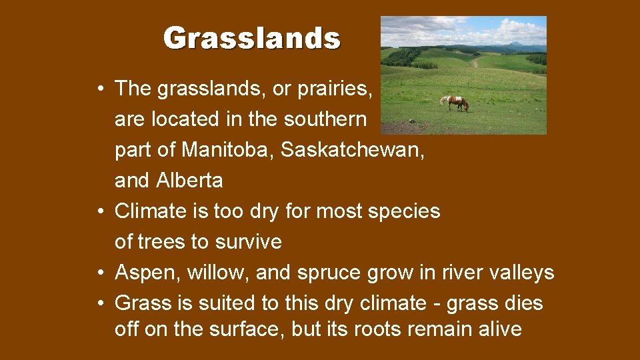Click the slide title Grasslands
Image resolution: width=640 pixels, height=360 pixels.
[x=252, y=39]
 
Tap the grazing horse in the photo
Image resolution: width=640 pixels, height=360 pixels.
[x=455, y=102]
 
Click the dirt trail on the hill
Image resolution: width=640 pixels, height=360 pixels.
[x=475, y=62]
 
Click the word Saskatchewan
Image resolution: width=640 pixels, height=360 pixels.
[x=350, y=149]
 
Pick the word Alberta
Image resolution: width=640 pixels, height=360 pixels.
[x=190, y=180]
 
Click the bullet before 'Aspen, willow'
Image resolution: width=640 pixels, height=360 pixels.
[x=99, y=273]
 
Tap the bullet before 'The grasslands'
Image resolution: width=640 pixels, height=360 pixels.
[x=99, y=89]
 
